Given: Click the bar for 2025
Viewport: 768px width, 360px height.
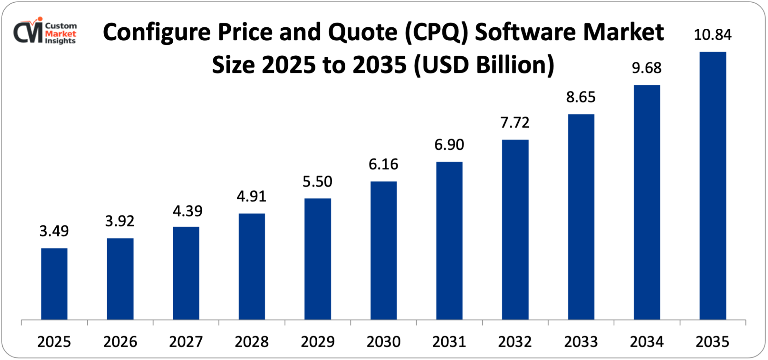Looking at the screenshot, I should point(54,284).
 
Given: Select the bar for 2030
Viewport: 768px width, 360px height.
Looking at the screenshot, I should point(383,250).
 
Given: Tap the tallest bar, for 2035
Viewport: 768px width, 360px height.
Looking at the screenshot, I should point(713,186).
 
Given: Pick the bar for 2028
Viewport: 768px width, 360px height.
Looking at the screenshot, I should point(252,266).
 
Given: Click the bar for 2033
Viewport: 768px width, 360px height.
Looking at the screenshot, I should point(581,217).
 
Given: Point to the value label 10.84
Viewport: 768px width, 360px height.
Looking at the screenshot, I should point(713,35).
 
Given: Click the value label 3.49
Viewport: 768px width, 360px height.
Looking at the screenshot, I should point(54,231).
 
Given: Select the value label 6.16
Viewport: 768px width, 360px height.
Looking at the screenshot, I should point(383,164).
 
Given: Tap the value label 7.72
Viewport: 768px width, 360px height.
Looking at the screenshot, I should point(515,123).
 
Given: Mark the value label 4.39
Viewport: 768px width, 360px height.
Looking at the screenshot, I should point(187,211).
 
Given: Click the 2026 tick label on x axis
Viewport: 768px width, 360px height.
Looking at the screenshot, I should point(120,342).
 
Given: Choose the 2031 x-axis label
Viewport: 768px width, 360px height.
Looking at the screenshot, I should point(449,342).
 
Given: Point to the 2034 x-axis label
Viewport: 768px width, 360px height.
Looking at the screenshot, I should point(647,342).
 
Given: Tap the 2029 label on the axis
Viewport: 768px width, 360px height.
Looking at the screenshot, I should point(318,342).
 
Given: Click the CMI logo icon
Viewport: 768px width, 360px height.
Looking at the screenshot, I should point(28,31).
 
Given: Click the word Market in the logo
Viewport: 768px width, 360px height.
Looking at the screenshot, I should point(61,34).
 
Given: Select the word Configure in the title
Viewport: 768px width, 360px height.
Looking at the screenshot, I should point(157,32).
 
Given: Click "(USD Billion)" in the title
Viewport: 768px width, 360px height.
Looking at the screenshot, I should point(484,64).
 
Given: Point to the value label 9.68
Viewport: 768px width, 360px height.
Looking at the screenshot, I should point(647,68).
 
